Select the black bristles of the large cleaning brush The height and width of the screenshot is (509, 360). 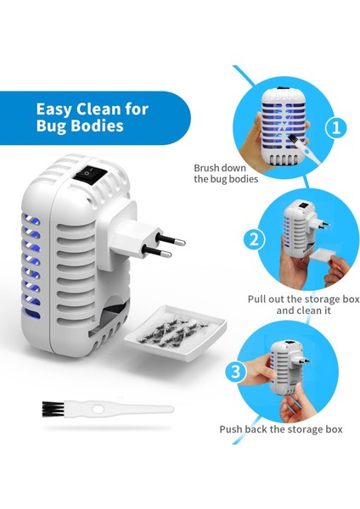(53, 409)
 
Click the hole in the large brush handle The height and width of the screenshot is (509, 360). (98, 410)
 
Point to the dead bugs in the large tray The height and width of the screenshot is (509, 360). (172, 332)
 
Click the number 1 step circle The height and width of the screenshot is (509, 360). (336, 127)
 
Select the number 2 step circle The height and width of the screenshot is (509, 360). (254, 240)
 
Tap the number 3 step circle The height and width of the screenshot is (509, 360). (236, 371)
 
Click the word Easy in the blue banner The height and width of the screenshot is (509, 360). (53, 109)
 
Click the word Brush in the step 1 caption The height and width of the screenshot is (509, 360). (207, 168)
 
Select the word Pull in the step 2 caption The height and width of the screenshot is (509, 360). (257, 299)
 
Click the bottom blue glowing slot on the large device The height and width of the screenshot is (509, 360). (31, 313)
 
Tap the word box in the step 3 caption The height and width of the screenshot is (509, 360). (335, 429)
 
